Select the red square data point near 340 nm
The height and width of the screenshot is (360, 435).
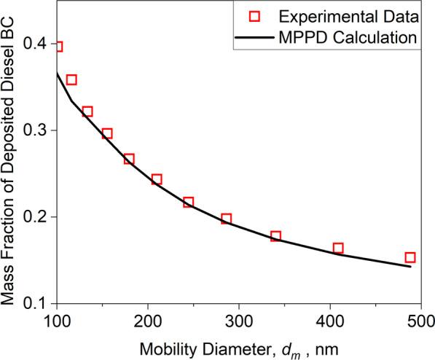pos(275,236)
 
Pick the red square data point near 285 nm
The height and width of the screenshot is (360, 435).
pos(226,219)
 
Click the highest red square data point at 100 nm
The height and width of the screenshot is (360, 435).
pos(58,47)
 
